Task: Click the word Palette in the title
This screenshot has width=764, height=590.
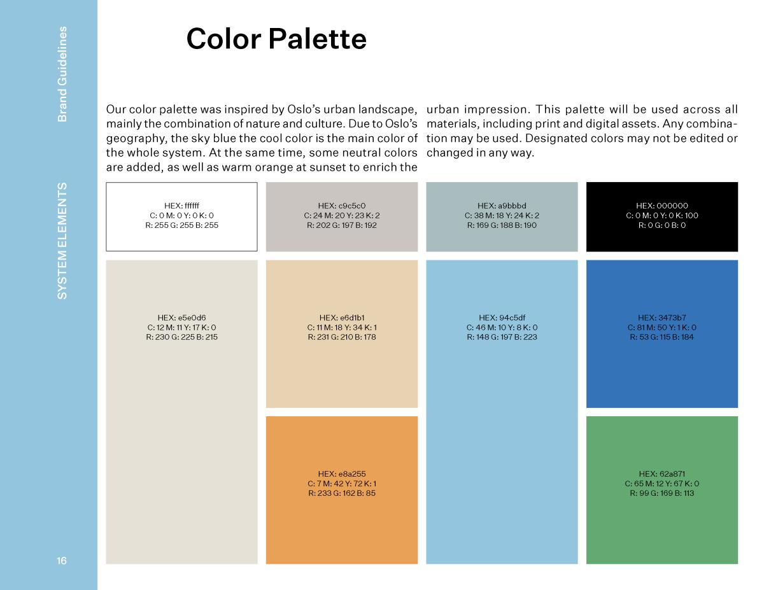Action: click(318, 39)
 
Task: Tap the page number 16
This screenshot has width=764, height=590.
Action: click(62, 561)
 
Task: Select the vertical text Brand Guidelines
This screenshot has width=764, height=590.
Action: click(62, 74)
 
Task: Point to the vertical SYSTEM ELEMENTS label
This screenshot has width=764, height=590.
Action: click(62, 241)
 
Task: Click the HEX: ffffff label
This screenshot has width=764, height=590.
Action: click(182, 206)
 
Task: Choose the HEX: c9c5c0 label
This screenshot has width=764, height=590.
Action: click(342, 206)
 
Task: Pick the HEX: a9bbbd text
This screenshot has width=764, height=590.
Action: click(502, 206)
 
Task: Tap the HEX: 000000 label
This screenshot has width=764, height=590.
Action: click(662, 206)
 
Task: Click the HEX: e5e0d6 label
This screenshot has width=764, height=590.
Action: click(182, 318)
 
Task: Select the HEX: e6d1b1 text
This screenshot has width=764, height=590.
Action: click(342, 318)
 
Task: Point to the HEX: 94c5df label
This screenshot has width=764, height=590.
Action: click(502, 318)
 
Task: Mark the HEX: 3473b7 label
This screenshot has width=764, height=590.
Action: click(662, 318)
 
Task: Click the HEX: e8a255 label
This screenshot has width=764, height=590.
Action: click(342, 474)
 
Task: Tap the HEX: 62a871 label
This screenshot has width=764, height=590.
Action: click(662, 474)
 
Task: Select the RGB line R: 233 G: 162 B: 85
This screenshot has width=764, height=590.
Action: click(342, 493)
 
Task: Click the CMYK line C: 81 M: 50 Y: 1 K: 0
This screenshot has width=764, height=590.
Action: click(662, 328)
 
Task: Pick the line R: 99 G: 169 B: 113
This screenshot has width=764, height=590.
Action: click(662, 493)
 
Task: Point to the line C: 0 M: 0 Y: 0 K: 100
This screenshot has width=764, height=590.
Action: click(662, 215)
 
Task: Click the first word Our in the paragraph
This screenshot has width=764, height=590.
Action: click(116, 109)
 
